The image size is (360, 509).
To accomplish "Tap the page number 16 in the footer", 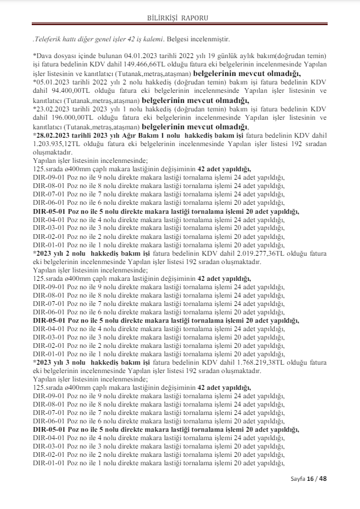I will coord(310,478).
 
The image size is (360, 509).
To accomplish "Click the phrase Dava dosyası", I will coord(52,54).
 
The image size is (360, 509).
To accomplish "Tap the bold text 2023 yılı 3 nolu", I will coord(63,362).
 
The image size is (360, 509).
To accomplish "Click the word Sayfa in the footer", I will coord(298,479).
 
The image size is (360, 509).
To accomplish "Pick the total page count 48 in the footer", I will coord(323,478).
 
